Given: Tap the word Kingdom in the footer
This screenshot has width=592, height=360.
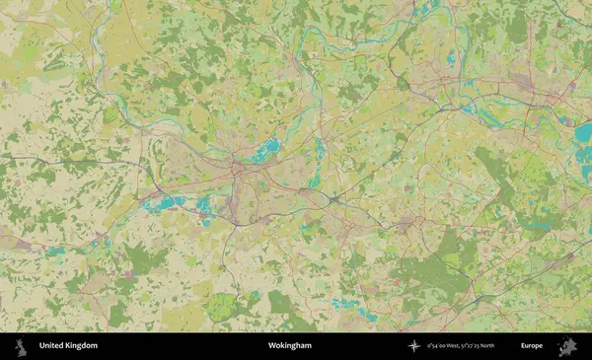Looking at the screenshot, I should pyautogui.click(x=82, y=346).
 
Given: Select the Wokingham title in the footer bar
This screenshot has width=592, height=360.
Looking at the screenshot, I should pyautogui.click(x=289, y=346).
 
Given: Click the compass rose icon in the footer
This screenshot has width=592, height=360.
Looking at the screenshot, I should pyautogui.click(x=413, y=346).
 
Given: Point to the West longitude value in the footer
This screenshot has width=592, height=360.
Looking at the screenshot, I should pyautogui.click(x=447, y=346).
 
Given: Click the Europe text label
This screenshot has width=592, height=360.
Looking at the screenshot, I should pyautogui.click(x=532, y=346).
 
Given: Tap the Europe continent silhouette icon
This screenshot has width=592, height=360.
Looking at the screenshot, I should pyautogui.click(x=567, y=346).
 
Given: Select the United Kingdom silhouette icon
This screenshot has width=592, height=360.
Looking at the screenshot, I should pyautogui.click(x=20, y=346).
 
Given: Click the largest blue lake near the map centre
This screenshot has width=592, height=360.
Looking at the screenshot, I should pyautogui.click(x=265, y=151).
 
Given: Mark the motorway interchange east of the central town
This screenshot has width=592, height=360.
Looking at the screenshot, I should pyautogui.click(x=335, y=199).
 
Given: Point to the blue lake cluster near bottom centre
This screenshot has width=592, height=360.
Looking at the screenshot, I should pyautogui.click(x=349, y=305).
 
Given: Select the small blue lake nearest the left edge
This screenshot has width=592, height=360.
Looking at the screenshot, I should pyautogui.click(x=54, y=252).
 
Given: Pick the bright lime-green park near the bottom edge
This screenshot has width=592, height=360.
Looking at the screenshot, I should pyautogui.click(x=222, y=308).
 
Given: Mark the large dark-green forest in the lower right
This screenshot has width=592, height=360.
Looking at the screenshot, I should pyautogui.click(x=434, y=271).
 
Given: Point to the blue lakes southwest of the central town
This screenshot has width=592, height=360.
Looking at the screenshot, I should pyautogui.click(x=168, y=204).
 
